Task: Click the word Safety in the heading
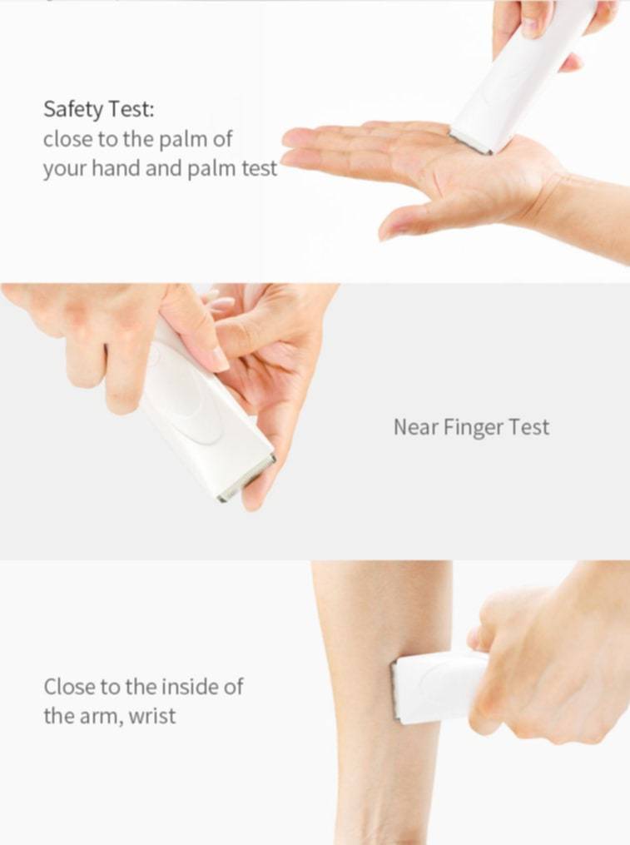coord(73,110)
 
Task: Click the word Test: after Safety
coord(131,109)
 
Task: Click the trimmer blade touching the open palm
coord(471,142)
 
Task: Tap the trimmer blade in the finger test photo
coord(247,479)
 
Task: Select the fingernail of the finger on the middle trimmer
coord(221,359)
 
